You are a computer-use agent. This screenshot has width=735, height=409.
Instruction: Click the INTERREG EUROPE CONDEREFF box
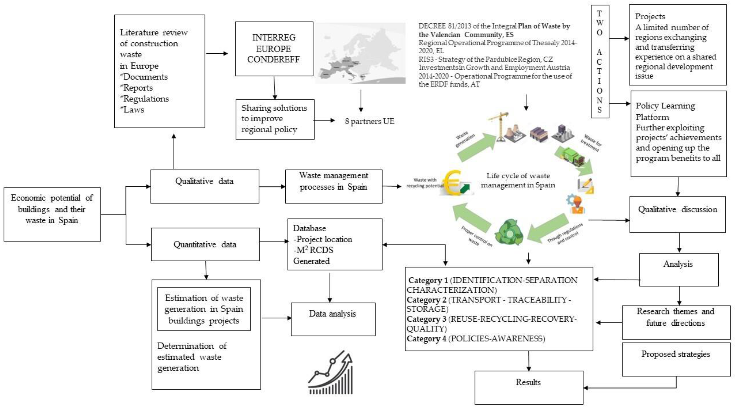[x=274, y=49]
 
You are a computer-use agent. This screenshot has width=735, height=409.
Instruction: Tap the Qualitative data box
[x=205, y=186]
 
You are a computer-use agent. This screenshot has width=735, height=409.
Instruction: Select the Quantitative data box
[x=205, y=244]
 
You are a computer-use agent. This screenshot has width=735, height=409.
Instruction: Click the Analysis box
[x=678, y=269]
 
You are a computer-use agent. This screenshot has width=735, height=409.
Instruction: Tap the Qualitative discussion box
[x=677, y=214]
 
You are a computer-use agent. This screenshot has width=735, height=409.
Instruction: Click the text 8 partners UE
[x=369, y=121]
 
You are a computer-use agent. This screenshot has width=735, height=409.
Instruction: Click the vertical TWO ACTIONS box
[x=600, y=61]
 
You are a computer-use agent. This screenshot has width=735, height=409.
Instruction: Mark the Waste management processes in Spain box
[x=334, y=186]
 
